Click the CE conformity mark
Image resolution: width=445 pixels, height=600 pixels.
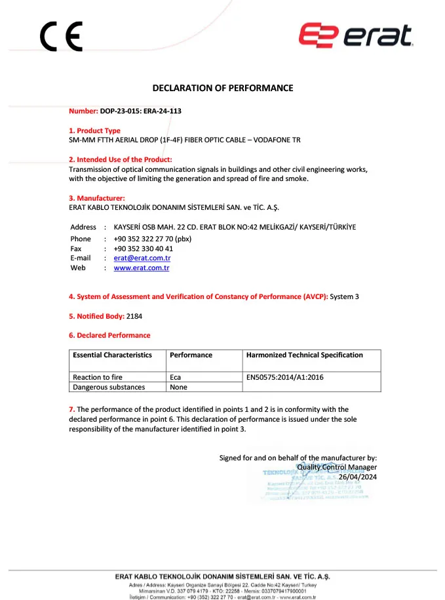pyautogui.click(x=61, y=37)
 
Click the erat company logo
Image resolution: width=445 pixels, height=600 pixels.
pyautogui.click(x=356, y=37)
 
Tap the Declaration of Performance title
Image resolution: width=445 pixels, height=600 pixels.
pyautogui.click(x=223, y=88)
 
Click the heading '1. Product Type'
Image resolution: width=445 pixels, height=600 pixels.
pyautogui.click(x=95, y=131)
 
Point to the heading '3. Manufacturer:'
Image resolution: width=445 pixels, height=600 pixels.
pyautogui.click(x=97, y=198)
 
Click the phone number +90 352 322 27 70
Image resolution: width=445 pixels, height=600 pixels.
pyautogui.click(x=152, y=239)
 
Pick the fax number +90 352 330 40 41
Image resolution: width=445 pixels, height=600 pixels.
pyautogui.click(x=143, y=249)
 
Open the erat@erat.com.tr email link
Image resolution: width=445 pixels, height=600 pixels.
pyautogui.click(x=142, y=258)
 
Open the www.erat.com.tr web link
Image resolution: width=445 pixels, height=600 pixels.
pyautogui.click(x=142, y=268)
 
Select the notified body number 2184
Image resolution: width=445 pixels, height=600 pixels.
pyautogui.click(x=134, y=316)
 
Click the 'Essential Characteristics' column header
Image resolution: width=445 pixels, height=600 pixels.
pyautogui.click(x=113, y=355)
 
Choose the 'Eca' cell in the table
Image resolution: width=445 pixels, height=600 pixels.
pyautogui.click(x=176, y=378)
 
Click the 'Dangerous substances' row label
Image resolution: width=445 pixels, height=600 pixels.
pyautogui.click(x=109, y=388)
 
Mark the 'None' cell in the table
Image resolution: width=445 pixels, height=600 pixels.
pyautogui.click(x=178, y=388)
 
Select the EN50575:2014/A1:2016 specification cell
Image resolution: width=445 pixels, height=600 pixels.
pyautogui.click(x=285, y=378)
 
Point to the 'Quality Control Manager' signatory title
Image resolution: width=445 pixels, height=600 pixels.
pyautogui.click(x=337, y=468)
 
